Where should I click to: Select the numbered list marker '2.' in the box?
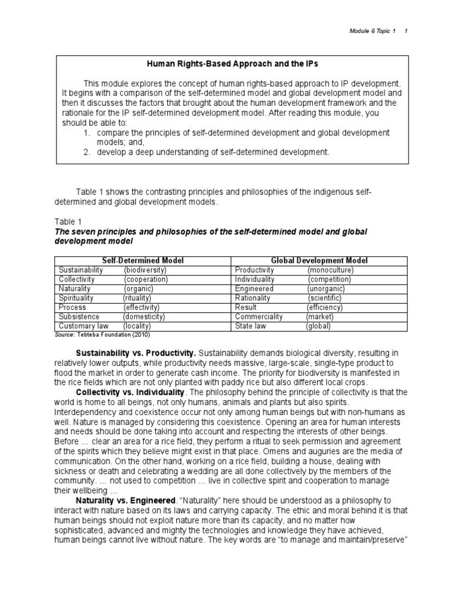coord(87,152)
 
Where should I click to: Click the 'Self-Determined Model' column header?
coord(143,260)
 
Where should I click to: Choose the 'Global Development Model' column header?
coord(319,260)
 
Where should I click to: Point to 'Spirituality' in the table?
coord(76,298)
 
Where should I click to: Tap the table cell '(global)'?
coord(318,325)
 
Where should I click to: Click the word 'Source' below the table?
coord(64,334)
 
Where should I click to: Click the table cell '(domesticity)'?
coord(144,316)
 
